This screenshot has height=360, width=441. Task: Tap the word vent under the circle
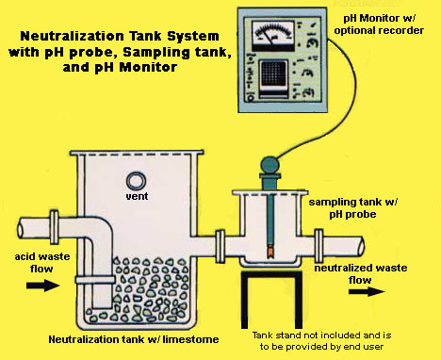[x=137, y=196]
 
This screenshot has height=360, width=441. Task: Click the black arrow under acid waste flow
[x=42, y=286]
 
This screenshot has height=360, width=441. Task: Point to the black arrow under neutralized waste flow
[x=367, y=291]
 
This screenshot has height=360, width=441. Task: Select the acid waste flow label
[x=42, y=263]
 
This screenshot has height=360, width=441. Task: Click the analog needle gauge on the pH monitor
[x=273, y=35]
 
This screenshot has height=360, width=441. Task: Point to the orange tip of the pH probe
[x=270, y=252]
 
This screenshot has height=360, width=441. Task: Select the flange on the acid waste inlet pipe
[x=55, y=227]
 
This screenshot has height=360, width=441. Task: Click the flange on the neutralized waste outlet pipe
[x=318, y=246]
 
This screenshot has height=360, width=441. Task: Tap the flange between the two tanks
[x=220, y=246]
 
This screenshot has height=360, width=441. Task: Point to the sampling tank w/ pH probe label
[x=353, y=208]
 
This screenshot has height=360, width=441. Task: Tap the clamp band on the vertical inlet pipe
[x=95, y=279]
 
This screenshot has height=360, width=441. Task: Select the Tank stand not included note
[x=321, y=341]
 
